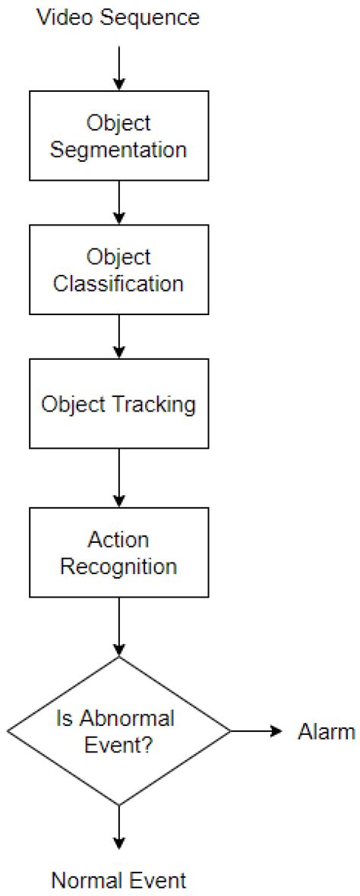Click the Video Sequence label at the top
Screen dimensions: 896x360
tap(118, 17)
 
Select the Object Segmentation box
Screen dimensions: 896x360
tap(118, 136)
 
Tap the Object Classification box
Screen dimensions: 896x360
tap(118, 270)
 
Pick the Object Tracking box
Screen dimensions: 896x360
tap(118, 403)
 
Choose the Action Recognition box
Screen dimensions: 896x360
tap(118, 552)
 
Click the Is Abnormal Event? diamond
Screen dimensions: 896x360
tap(118, 730)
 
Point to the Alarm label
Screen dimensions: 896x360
tap(325, 731)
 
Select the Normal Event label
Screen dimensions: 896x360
tap(118, 881)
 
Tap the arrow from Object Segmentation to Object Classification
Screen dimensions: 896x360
tap(118, 203)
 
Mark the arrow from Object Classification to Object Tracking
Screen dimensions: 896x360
tap(118, 336)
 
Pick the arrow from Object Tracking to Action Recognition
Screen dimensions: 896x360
tap(118, 478)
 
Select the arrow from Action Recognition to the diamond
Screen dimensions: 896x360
tap(118, 626)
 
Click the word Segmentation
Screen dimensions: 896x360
tap(118, 150)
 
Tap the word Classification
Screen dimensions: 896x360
tap(118, 283)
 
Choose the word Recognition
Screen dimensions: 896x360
tap(118, 566)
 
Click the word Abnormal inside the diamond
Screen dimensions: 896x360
tap(136, 718)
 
